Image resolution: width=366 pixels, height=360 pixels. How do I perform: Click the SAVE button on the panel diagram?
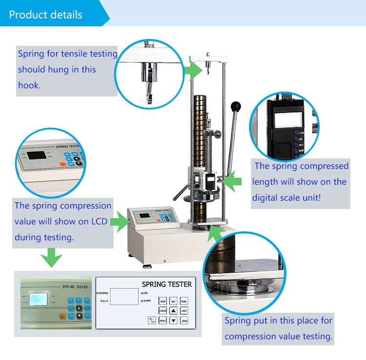[x=163, y=302]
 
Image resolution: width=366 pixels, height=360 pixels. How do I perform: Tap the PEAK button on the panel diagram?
[x=184, y=302]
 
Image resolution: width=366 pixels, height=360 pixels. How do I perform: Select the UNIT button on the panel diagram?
[x=184, y=311]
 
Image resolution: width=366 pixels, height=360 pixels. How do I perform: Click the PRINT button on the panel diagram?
[x=163, y=321]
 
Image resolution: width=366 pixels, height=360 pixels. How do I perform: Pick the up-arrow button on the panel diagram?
[x=173, y=311]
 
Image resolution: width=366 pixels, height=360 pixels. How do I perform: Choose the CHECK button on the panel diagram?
[x=163, y=311]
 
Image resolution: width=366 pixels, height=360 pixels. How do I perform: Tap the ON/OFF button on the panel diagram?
[x=152, y=321]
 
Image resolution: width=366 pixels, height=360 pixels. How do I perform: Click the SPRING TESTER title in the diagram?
[x=167, y=284]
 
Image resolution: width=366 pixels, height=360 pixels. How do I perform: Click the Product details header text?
[x=46, y=15]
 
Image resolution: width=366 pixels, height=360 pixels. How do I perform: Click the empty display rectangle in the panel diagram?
[x=124, y=297]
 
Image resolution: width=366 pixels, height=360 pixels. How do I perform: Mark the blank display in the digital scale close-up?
[x=281, y=117]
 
